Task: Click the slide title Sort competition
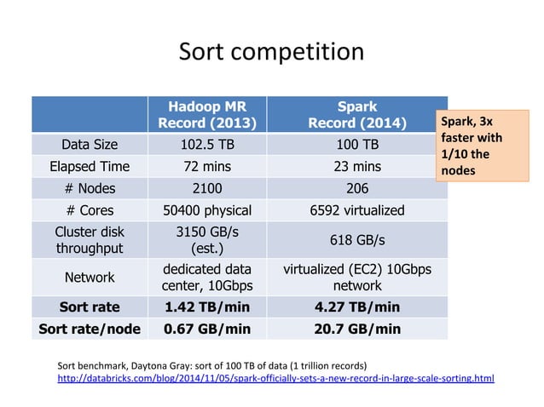point(271,52)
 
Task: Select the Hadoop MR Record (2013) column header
point(207,115)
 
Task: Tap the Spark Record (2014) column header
point(356,115)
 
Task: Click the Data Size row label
point(90,144)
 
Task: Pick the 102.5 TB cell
point(207,144)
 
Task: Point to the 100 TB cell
point(356,144)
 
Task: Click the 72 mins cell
point(207,166)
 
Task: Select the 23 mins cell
point(356,166)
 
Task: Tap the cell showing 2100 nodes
point(207,188)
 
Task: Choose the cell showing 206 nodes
point(356,188)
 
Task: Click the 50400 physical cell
point(207,210)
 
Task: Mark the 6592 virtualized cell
point(356,210)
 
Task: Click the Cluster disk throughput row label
point(90,240)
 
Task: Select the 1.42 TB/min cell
point(207,307)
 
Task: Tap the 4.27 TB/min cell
point(356,307)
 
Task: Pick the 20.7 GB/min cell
point(356,329)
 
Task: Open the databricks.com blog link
point(275,377)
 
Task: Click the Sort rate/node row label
point(90,329)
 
